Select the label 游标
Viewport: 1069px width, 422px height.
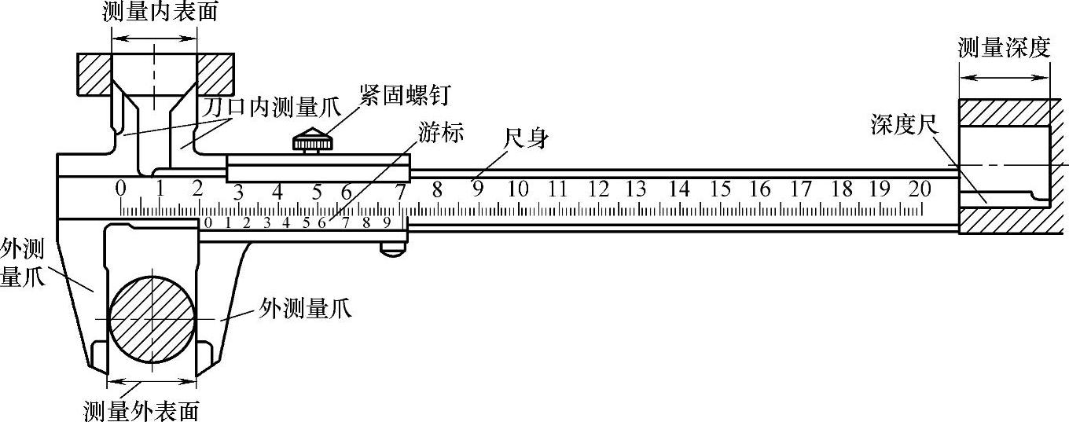(x=442, y=134)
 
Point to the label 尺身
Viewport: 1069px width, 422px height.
(x=527, y=140)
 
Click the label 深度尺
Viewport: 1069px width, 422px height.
(x=900, y=124)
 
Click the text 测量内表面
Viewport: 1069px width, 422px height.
(x=154, y=11)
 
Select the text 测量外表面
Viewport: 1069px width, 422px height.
(x=141, y=410)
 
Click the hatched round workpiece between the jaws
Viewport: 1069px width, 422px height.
(x=152, y=318)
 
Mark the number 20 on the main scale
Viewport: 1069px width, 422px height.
(x=919, y=189)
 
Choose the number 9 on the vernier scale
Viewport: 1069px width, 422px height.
(x=387, y=222)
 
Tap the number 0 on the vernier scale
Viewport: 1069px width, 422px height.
(x=208, y=222)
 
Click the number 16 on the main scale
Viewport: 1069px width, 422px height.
(x=759, y=189)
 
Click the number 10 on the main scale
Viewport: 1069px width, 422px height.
(x=517, y=189)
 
